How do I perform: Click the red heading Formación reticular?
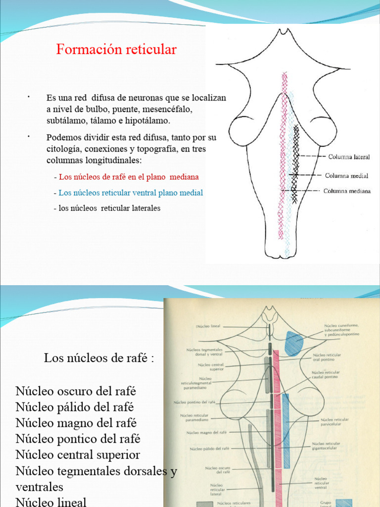point(116,50)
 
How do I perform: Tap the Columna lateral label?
point(349,157)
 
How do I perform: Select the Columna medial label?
point(346,175)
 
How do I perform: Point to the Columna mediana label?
point(347,191)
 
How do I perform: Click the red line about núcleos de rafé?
point(129,177)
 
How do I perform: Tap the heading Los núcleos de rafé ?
point(99,358)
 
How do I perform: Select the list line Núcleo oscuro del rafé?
point(76,391)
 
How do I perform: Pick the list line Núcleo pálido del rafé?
point(75,407)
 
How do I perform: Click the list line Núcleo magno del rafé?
point(76,423)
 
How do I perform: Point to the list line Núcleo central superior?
point(78,455)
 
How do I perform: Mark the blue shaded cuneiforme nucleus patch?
point(295,343)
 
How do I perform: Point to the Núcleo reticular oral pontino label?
point(327,357)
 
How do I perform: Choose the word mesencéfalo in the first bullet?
point(170,109)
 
